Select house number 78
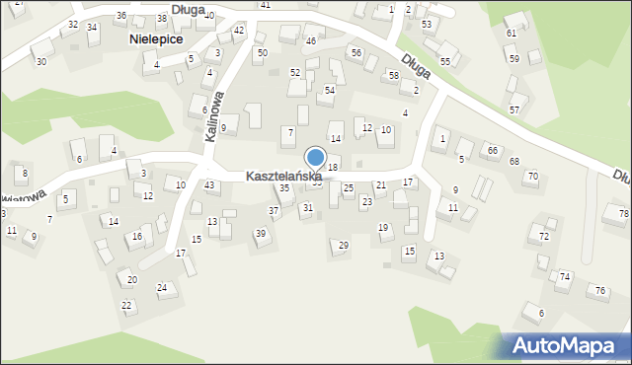point(623,214)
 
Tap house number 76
point(599,290)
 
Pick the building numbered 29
point(344,245)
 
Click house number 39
point(261,233)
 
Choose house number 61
point(511,33)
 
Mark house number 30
point(40,61)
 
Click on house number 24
point(162,288)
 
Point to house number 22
point(126,305)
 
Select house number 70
point(532,177)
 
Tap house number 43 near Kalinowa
point(209,185)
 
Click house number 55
point(445,61)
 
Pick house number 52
point(294,72)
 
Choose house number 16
point(137,237)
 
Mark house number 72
point(544,237)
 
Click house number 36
point(120,16)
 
